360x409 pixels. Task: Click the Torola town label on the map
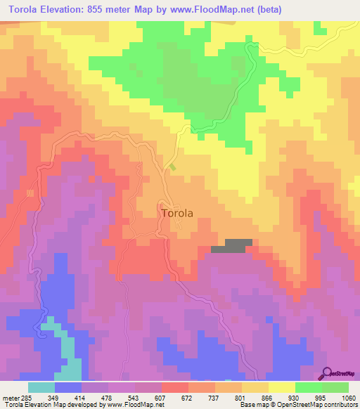(176, 212)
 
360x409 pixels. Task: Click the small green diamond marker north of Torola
(173, 167)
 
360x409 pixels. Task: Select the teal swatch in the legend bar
(41, 387)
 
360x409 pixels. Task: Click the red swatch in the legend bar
(174, 387)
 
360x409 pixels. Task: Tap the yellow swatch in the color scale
(281, 387)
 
